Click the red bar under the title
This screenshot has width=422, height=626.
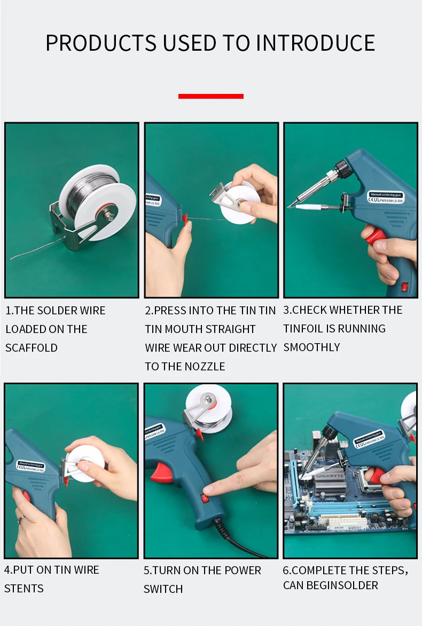pyautogui.click(x=210, y=96)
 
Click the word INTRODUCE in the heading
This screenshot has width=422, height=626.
pyautogui.click(x=315, y=43)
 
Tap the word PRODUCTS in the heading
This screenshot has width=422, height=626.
pyautogui.click(x=101, y=43)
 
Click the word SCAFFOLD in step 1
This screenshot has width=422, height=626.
pyautogui.click(x=32, y=348)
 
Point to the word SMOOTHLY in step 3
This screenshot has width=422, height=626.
pyautogui.click(x=312, y=347)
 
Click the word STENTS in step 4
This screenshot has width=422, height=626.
pyautogui.click(x=24, y=589)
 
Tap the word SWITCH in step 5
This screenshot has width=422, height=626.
pyautogui.click(x=163, y=589)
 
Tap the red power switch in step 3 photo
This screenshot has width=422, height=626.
pyautogui.click(x=405, y=287)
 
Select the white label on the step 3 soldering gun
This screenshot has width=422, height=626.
pyautogui.click(x=386, y=197)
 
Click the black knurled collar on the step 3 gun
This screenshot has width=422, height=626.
pyautogui.click(x=342, y=167)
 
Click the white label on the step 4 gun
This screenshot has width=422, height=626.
pyautogui.click(x=30, y=466)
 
